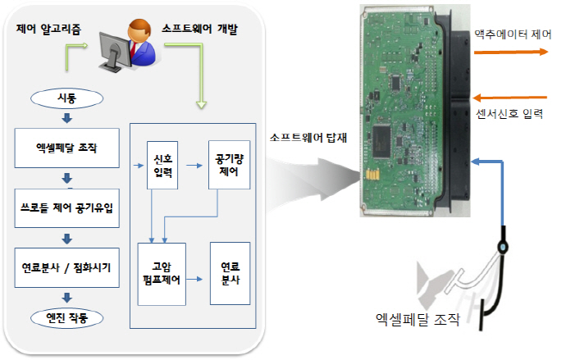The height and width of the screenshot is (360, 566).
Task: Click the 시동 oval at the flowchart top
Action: pos(68,98)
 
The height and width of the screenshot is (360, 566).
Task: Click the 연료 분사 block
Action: pos(230,273)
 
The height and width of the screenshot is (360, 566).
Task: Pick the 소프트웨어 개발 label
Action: pos(203,28)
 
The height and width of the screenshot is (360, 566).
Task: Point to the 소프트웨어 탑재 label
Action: pos(308,138)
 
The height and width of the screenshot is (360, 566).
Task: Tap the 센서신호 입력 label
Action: pos(509,112)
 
